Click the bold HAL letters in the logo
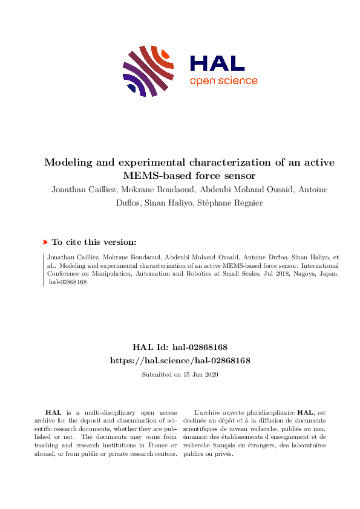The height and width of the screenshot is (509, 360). coord(217,63)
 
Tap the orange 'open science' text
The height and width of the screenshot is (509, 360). coord(223,82)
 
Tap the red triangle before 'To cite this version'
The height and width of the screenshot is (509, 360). coord(45,242)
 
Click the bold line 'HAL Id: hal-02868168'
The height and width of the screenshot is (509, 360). coord(180,347)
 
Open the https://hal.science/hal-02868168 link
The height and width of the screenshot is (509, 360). coord(180,360)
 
